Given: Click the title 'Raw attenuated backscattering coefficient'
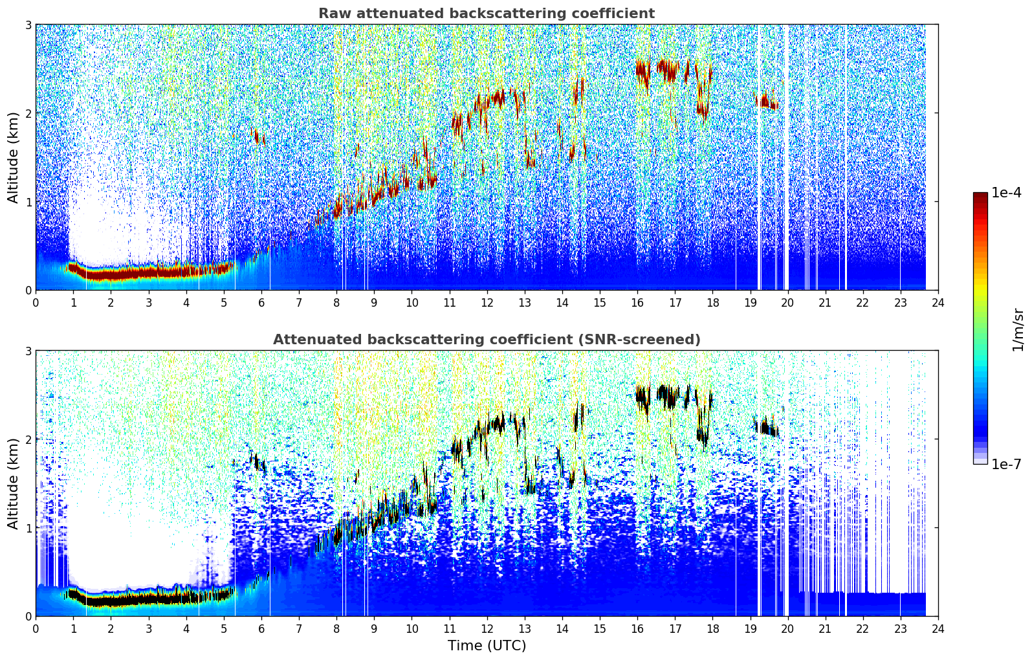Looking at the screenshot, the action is click(x=487, y=14).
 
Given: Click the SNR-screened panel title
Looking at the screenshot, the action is click(x=487, y=339).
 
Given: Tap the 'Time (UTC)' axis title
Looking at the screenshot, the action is click(x=487, y=646).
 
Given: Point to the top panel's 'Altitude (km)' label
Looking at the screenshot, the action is click(x=12, y=158).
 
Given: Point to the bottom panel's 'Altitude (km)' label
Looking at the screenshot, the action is click(x=12, y=483).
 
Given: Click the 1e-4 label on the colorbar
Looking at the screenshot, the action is click(x=1006, y=193).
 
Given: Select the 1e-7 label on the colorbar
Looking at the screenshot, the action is click(x=1006, y=464).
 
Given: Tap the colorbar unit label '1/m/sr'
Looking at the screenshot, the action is click(x=1017, y=330).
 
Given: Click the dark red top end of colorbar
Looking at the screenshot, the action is click(x=980, y=195).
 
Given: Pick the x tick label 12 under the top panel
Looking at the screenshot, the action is click(x=487, y=303).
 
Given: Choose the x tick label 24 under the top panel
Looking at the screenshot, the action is click(x=938, y=303).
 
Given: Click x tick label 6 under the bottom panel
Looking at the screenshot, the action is click(x=261, y=629).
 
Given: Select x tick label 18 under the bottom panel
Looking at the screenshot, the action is click(x=713, y=629).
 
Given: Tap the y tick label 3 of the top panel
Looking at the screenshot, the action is click(x=28, y=25).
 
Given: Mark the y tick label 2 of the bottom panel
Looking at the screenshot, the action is click(x=28, y=439).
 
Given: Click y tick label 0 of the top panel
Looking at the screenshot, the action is click(x=28, y=291).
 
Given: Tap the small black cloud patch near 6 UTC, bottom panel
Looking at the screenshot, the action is click(x=258, y=461).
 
